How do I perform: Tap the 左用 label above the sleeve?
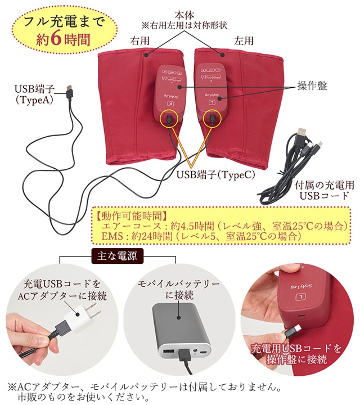pyautogui.click(x=244, y=40)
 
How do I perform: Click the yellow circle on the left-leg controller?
pyautogui.click(x=213, y=119)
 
